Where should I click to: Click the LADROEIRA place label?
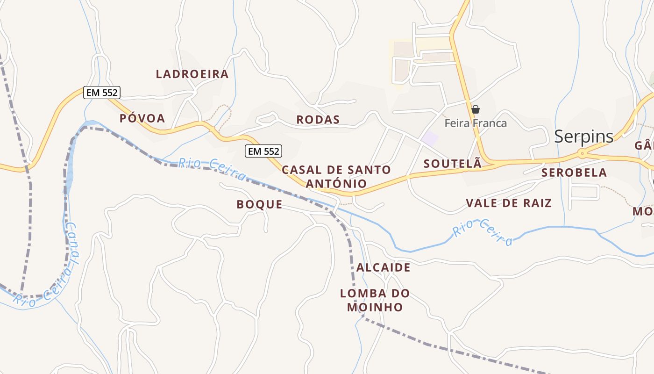point(192,74)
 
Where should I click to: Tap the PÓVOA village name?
point(142,118)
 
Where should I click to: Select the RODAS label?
point(318,120)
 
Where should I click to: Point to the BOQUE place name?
point(259,204)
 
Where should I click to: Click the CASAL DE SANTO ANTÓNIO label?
point(336,176)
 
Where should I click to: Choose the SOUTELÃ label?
point(452,164)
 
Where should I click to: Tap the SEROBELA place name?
point(574,173)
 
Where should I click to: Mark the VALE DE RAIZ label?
point(509,203)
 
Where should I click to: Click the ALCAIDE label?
point(384,267)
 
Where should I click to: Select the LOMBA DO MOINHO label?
point(375,300)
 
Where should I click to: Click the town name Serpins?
point(584,136)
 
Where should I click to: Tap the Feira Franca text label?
point(476,123)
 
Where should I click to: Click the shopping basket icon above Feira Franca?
point(476,110)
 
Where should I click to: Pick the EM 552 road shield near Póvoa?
point(102,93)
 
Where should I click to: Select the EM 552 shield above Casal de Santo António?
point(263,151)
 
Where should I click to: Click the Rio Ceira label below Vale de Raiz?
point(483,232)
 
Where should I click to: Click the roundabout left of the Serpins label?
point(582,153)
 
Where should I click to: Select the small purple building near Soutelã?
point(430,138)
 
